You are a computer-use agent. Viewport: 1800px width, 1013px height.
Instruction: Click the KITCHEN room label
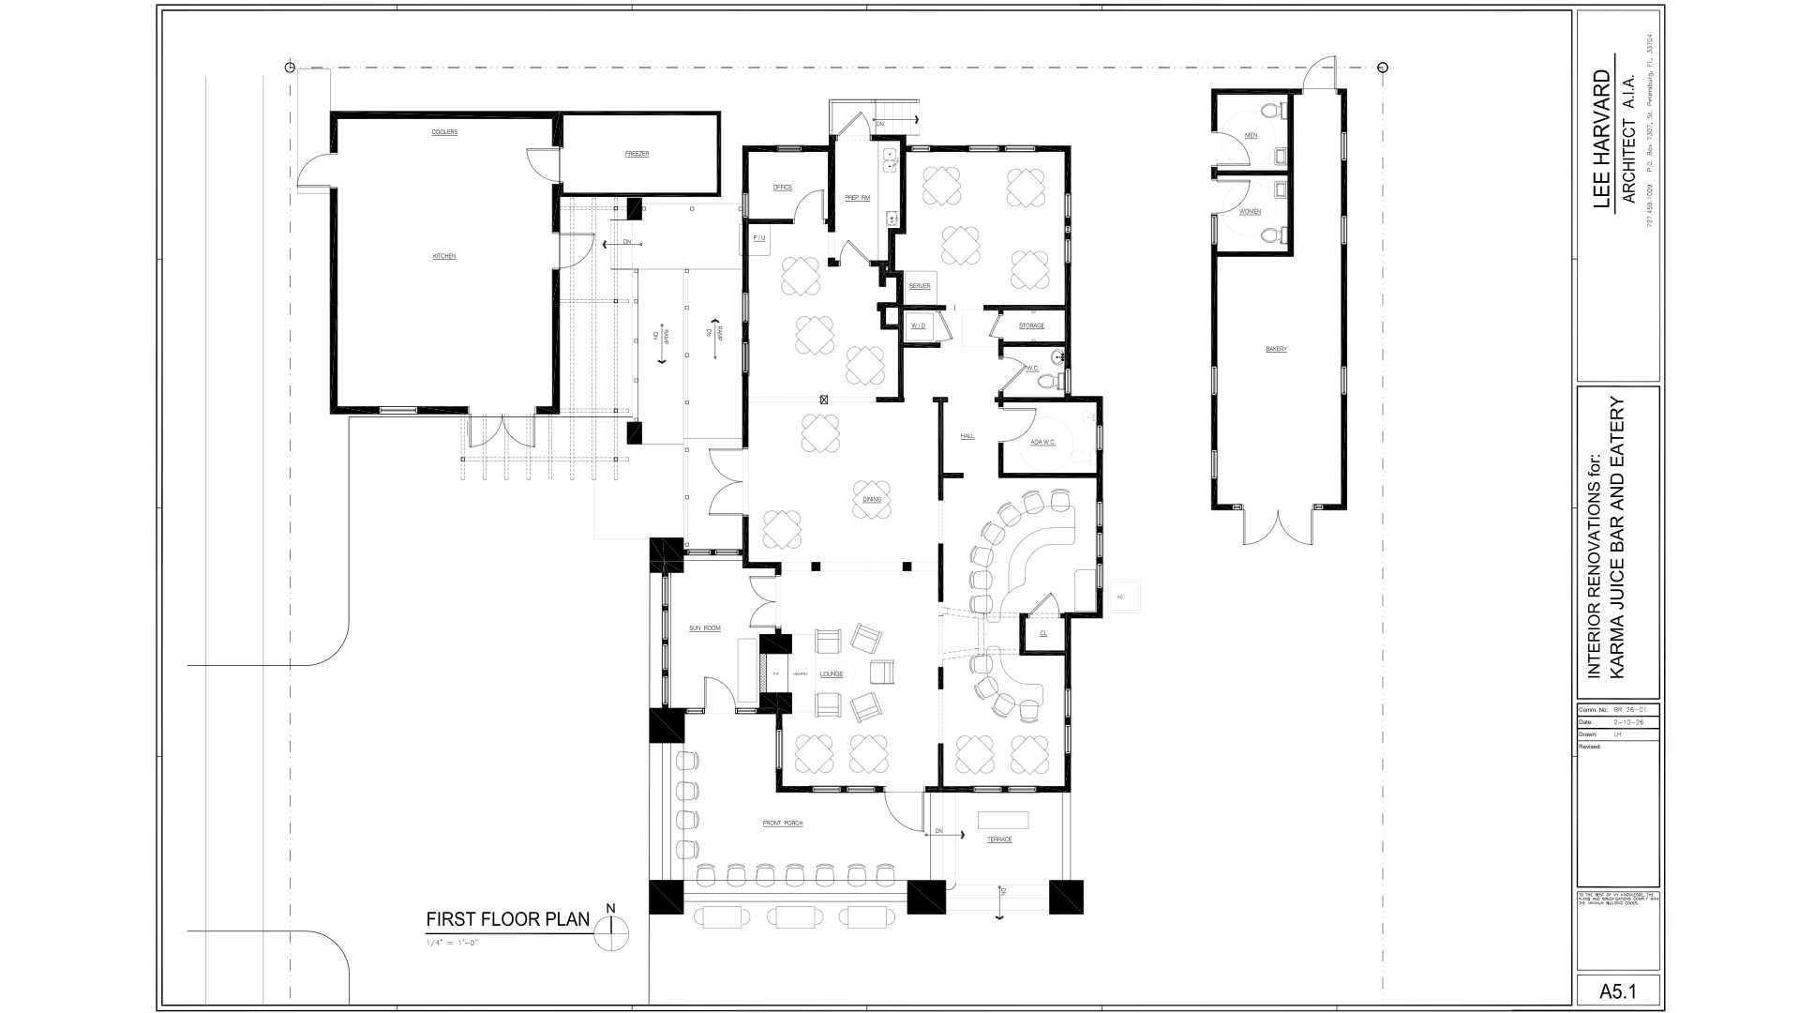pos(444,256)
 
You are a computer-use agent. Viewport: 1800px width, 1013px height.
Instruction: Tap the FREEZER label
pos(637,154)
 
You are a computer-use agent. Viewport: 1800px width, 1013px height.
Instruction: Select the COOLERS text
pos(444,132)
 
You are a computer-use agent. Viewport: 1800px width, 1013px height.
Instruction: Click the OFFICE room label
pos(783,188)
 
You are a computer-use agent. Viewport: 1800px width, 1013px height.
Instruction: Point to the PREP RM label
pos(857,198)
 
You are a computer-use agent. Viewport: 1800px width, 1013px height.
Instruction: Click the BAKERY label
pos(1276,349)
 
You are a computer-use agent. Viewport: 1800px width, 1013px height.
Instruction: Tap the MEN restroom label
pos(1251,136)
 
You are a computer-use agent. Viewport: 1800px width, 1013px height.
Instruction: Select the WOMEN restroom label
pos(1251,212)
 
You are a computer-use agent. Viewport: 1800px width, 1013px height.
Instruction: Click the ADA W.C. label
pos(1043,442)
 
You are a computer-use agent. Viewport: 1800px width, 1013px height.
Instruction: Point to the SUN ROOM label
pos(705,627)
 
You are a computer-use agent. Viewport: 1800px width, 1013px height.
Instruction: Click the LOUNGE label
pos(832,673)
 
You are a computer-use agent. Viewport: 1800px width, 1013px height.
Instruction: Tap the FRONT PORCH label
pos(783,824)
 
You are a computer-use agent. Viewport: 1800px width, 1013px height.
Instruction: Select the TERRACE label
pos(999,839)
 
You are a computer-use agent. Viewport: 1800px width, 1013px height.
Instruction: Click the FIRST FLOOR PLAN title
pos(508,919)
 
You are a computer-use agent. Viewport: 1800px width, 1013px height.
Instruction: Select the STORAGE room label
pos(1031,325)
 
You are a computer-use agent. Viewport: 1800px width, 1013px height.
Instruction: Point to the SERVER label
pos(920,286)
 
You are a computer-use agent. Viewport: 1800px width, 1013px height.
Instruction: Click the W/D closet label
pos(918,325)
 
